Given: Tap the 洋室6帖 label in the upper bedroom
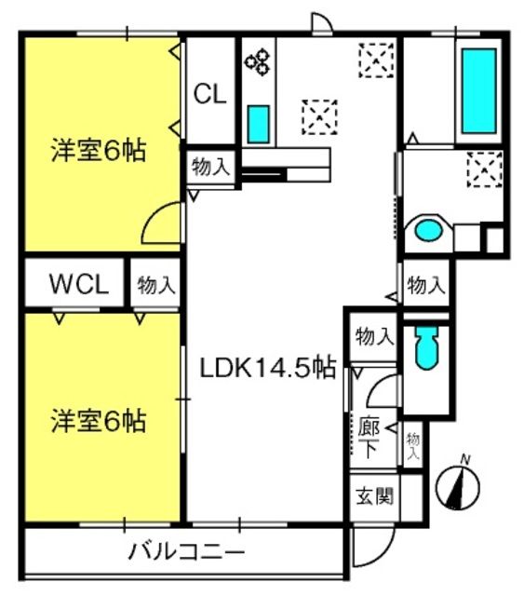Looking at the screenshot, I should tap(98, 152).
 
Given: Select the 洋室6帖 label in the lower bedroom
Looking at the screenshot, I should tap(98, 420).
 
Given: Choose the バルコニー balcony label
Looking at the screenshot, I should tap(186, 552).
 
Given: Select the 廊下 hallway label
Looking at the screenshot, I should tap(369, 437).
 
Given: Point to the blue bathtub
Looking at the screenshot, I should tap(479, 89).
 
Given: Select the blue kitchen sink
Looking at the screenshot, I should tap(259, 123).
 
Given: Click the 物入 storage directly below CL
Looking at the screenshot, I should tap(210, 168).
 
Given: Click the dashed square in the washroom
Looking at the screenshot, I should tap(482, 169).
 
